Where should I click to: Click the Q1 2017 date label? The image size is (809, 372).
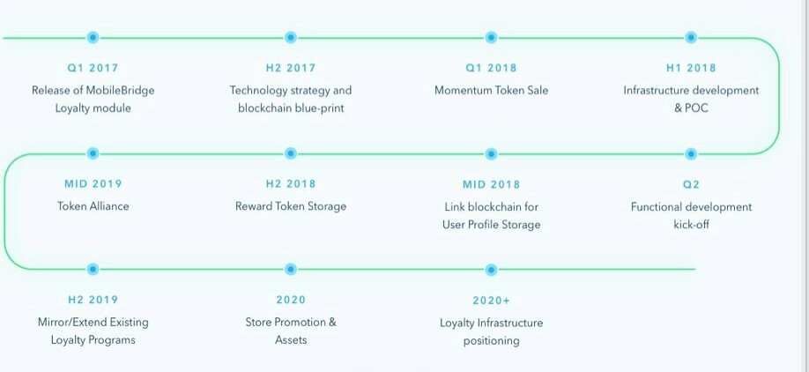coord(93,68)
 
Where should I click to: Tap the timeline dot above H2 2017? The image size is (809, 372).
coord(291,38)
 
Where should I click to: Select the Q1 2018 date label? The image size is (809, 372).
coord(491,68)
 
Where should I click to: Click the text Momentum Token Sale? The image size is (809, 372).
coord(491,90)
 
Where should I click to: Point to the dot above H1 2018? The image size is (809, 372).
coord(691,38)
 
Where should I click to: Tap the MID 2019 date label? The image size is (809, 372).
coord(93,183)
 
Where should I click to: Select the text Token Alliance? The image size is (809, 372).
coord(93,206)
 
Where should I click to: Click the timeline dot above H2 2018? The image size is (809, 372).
coord(291,153)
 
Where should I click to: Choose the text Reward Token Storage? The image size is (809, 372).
coord(291,206)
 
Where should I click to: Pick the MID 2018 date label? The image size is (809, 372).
coord(491,184)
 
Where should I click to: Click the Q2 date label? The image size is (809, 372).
coord(691,184)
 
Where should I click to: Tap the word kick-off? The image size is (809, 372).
coord(691,225)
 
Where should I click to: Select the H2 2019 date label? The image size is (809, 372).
coord(93,300)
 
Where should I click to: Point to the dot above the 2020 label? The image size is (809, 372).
coord(291,270)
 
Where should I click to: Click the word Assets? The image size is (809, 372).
coord(291,340)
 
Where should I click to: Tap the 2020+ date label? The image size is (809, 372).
coord(491,301)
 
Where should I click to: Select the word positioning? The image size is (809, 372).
coord(491,341)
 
